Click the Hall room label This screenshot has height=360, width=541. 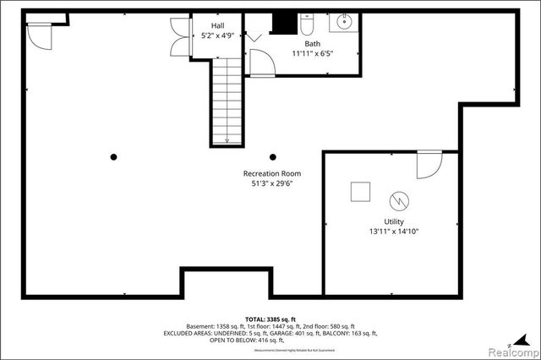click(x=205, y=26)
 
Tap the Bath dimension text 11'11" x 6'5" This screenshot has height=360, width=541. click(x=314, y=52)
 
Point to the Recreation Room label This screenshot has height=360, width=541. click(x=272, y=173)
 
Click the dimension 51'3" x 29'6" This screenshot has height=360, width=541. click(x=272, y=183)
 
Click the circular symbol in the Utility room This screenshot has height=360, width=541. click(x=398, y=201)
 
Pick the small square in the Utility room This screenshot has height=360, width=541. click(x=361, y=192)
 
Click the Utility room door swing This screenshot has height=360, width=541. click(x=429, y=164)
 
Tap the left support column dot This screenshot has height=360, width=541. click(x=113, y=155)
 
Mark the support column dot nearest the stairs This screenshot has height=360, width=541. click(x=272, y=155)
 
